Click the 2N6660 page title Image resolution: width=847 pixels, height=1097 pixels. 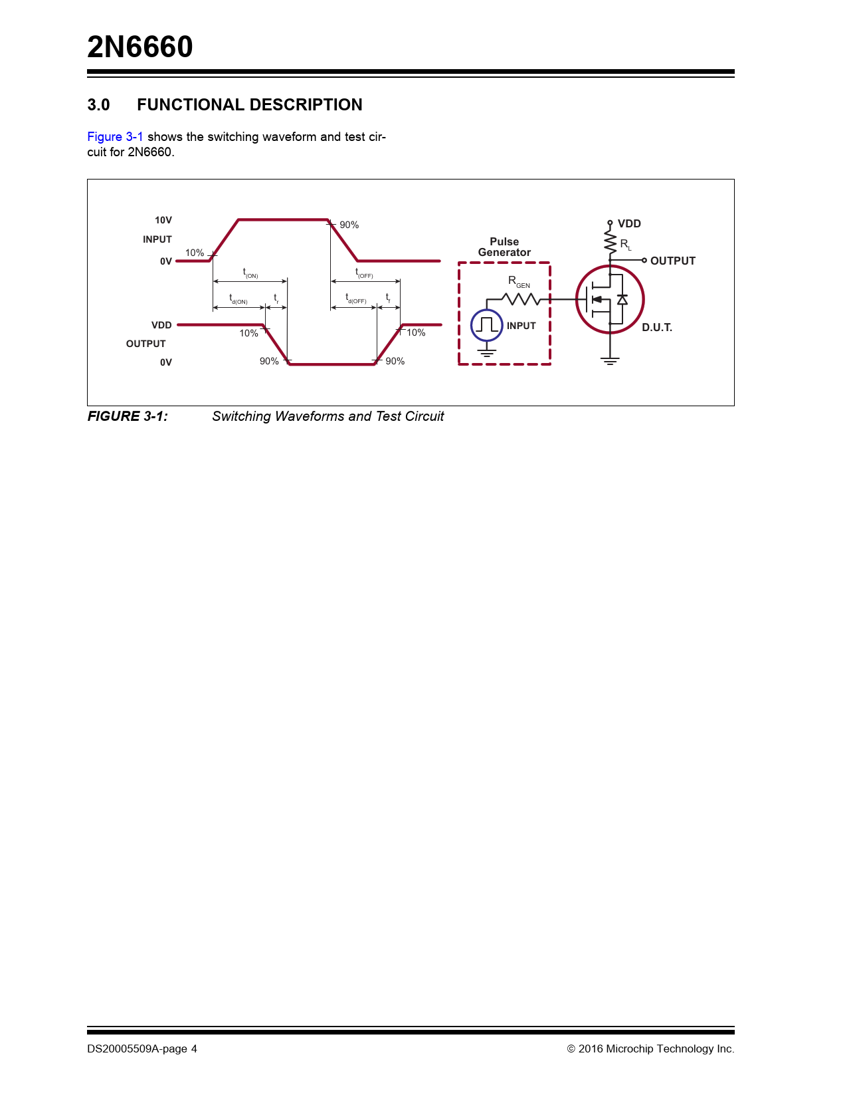[140, 47]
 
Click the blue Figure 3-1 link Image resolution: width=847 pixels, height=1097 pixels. [115, 137]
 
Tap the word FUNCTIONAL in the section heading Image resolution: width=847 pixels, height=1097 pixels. [191, 104]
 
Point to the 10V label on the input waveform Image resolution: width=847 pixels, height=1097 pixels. [163, 220]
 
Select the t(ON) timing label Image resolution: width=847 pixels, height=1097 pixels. [250, 273]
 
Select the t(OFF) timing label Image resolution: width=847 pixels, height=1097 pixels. [364, 273]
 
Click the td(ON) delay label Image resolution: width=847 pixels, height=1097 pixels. [238, 299]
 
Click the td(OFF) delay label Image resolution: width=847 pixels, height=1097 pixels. [355, 299]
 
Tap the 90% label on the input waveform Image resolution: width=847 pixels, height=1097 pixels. [349, 225]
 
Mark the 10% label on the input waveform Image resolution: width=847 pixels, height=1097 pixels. [194, 253]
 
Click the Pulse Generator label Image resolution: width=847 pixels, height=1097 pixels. [504, 247]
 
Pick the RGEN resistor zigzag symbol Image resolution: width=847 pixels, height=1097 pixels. [521, 299]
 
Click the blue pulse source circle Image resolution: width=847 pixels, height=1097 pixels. [487, 325]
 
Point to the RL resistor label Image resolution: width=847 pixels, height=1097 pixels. [626, 245]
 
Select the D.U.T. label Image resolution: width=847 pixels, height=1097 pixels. [657, 327]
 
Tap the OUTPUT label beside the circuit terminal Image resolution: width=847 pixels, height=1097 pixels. [673, 261]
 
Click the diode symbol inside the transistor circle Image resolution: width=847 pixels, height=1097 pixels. [622, 300]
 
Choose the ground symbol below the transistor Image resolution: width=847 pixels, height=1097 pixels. [610, 360]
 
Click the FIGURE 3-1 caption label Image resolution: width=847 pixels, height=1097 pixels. [128, 416]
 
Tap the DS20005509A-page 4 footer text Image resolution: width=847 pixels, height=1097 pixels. [142, 1048]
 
